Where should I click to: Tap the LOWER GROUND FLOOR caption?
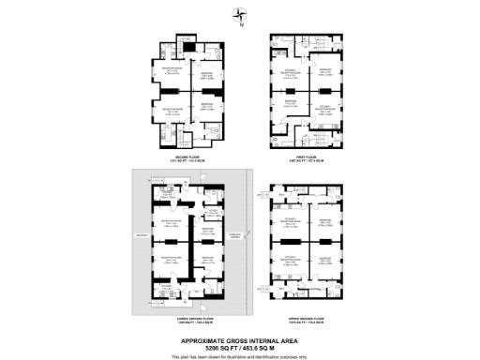tap(191, 320)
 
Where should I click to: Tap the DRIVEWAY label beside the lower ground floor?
tap(141, 234)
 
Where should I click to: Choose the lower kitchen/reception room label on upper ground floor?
tap(291, 255)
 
